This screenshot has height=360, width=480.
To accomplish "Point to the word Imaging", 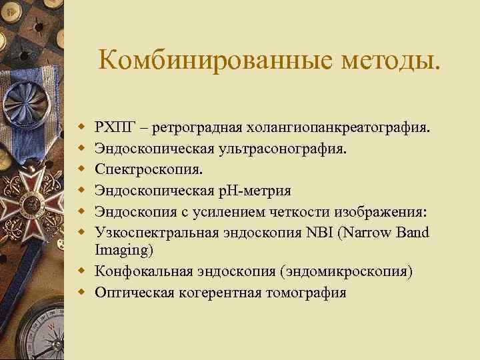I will [x=123, y=250].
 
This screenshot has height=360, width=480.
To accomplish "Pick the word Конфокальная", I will [x=137, y=271].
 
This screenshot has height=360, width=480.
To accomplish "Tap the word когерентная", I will [x=217, y=293].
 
